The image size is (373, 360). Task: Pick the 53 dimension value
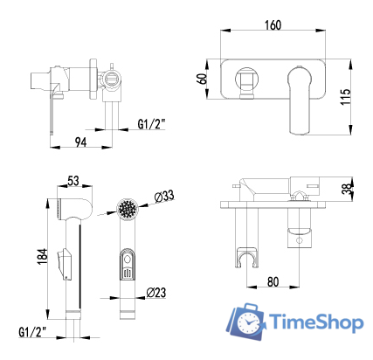click(x=74, y=181)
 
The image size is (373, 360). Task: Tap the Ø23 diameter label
click(x=158, y=292)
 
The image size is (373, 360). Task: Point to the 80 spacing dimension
click(x=273, y=282)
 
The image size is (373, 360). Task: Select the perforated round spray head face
click(x=128, y=211)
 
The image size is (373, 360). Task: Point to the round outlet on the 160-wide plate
click(x=246, y=80)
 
